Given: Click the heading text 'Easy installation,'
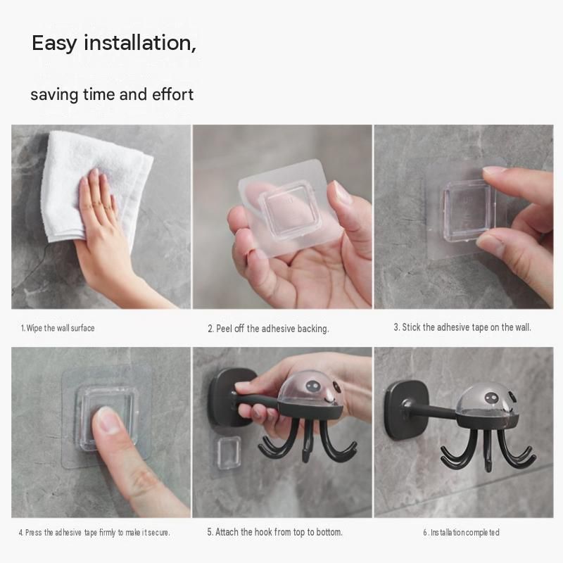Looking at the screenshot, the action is [114, 44].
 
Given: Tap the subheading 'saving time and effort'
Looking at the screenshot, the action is [112, 94].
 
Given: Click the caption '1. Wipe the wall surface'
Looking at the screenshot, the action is [58, 328].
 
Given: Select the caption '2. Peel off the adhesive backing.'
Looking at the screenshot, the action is [268, 329].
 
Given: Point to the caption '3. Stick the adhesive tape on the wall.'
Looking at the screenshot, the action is [462, 327].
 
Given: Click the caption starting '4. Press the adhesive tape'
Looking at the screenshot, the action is [94, 532].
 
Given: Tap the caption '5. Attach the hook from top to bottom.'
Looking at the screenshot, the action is [274, 532].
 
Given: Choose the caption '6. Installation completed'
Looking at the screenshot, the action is [461, 532].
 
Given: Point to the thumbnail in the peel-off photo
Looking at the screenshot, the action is [339, 192].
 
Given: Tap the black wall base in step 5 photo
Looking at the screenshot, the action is [224, 397].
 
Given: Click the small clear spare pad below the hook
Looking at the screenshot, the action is [228, 453].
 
